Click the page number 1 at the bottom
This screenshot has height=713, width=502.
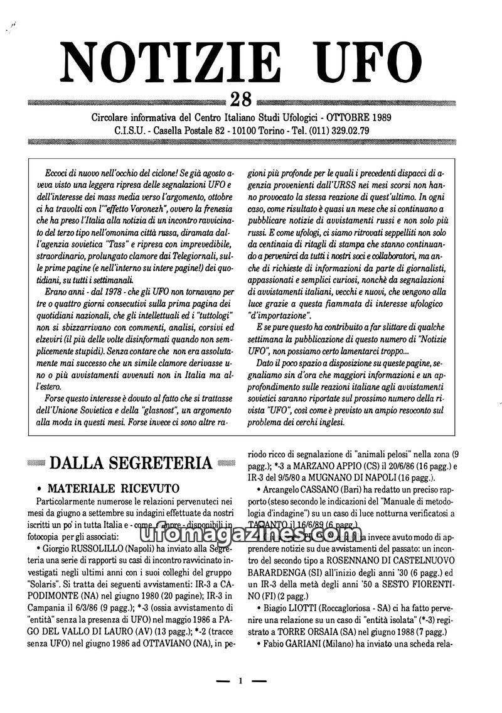(x=240, y=680)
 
